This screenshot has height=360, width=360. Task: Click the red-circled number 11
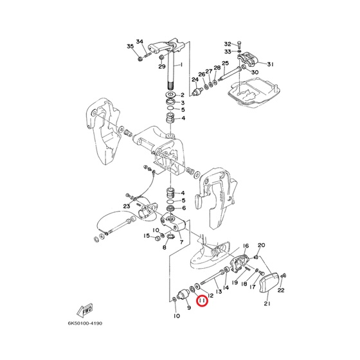pyautogui.click(x=203, y=301)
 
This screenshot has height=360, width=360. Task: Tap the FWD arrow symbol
pyautogui.click(x=85, y=310)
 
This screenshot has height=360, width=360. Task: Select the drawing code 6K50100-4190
pyautogui.click(x=85, y=323)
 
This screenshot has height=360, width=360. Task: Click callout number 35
pyautogui.click(x=130, y=46)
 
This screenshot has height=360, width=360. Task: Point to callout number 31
pyautogui.click(x=270, y=64)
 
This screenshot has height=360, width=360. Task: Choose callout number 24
pyautogui.click(x=195, y=80)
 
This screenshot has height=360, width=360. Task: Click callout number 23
pyautogui.click(x=127, y=206)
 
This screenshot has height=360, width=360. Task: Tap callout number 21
pyautogui.click(x=267, y=303)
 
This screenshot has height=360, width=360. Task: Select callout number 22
pyautogui.click(x=281, y=290)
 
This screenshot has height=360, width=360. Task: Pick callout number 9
pyautogui.click(x=189, y=307)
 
